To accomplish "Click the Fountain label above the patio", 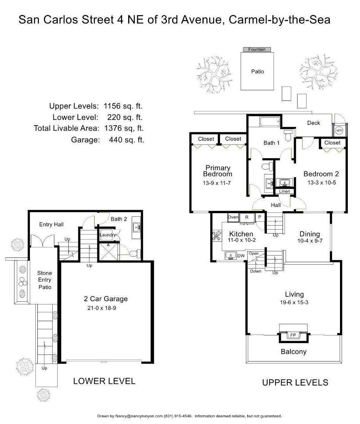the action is (x=257, y=49).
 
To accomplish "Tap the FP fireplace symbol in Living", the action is (x=293, y=335).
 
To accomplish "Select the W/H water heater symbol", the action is (x=339, y=130).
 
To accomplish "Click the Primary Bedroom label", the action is (x=218, y=171).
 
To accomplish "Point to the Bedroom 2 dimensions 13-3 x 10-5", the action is (x=321, y=183).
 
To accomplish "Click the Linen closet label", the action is (x=285, y=191).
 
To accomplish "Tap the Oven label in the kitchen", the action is (x=233, y=217).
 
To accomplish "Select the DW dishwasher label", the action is (x=241, y=256).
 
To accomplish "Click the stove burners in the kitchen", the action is (x=217, y=236).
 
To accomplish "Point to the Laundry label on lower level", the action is (x=108, y=235).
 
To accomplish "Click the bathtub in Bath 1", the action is (x=270, y=122).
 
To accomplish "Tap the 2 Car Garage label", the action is (x=106, y=299).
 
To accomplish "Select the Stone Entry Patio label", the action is (x=45, y=280).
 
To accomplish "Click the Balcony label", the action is (x=294, y=351).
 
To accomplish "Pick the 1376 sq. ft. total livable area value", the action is (x=124, y=128).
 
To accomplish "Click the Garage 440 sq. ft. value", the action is (x=127, y=140).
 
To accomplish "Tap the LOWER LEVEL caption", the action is (x=104, y=381).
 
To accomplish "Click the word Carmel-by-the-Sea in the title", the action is (x=279, y=20).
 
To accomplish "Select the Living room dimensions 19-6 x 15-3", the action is (x=294, y=302).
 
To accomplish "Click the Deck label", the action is (x=314, y=123).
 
